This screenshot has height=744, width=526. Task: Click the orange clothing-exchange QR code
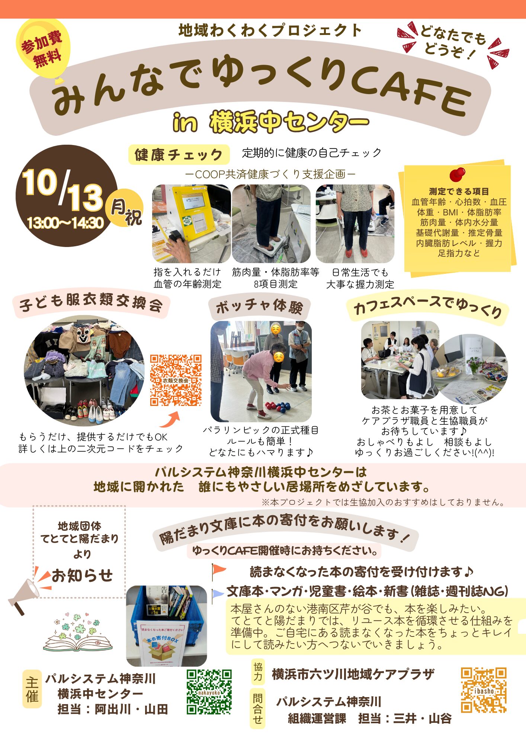(176, 380)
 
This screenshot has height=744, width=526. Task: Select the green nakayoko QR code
(209, 692)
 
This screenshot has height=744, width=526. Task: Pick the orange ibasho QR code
(484, 690)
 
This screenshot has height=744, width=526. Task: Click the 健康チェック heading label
(179, 154)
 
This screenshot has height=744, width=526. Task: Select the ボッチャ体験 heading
(259, 307)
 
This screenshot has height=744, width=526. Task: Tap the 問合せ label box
(258, 709)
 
